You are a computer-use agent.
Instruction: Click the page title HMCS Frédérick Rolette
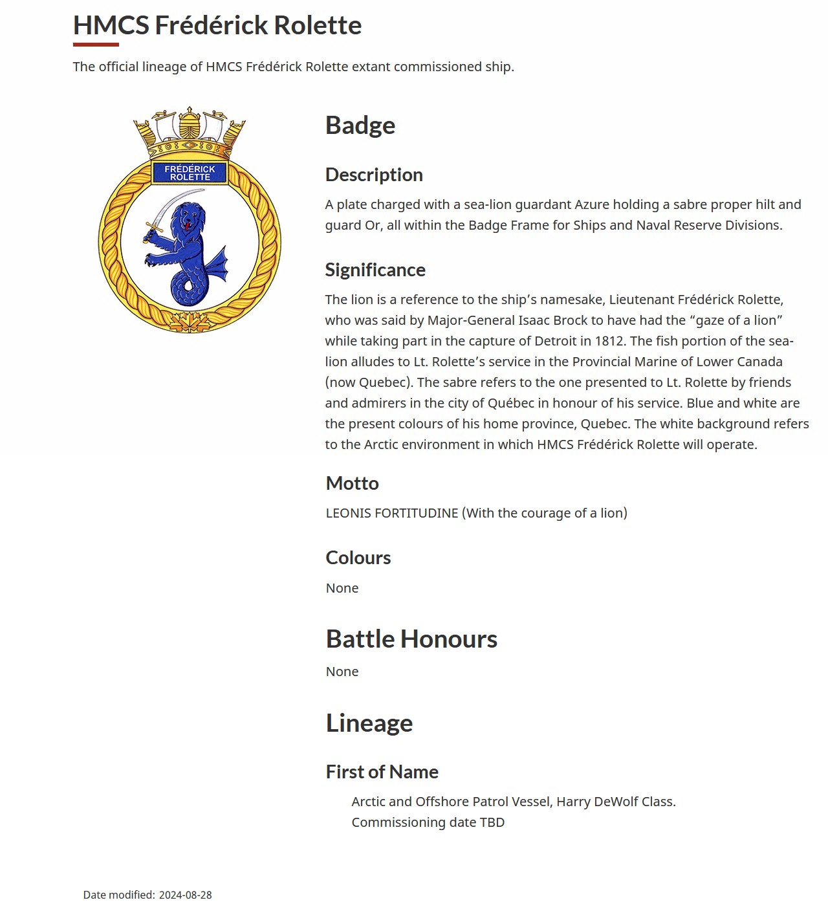(217, 26)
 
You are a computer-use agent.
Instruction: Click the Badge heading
(360, 126)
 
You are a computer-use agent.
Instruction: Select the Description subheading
(374, 175)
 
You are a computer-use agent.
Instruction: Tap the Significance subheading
(375, 270)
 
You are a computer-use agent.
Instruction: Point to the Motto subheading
(353, 483)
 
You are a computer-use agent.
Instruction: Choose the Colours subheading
(358, 558)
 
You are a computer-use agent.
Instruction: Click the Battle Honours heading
(411, 639)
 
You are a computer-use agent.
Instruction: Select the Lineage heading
(369, 723)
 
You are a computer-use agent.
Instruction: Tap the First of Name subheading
(382, 772)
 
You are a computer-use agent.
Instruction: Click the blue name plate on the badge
(190, 173)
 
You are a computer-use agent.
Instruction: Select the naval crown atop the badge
(190, 133)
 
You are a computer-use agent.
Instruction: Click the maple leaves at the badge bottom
(190, 322)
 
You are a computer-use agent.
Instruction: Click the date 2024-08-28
(186, 895)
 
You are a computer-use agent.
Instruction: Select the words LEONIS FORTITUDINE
(392, 513)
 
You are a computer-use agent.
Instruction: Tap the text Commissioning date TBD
(428, 822)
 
